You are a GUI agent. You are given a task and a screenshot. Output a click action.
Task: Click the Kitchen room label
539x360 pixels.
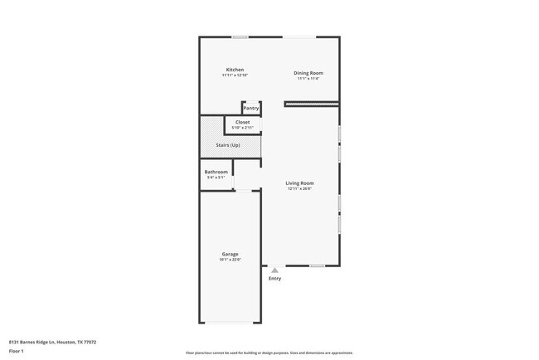pos(235,70)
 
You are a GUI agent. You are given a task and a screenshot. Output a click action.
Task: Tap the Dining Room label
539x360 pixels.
pos(308,73)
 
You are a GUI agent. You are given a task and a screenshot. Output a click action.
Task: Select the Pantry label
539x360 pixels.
pos(250,109)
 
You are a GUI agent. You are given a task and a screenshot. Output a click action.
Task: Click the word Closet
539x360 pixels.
pos(242,122)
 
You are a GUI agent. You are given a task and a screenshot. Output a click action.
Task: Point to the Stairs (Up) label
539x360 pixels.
pos(230,145)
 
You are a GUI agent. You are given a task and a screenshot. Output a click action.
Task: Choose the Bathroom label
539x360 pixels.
pos(216,172)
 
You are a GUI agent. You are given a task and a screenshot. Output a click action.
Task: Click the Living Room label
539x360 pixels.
pos(299,183)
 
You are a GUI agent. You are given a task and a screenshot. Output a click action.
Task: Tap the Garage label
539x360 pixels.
pos(230,254)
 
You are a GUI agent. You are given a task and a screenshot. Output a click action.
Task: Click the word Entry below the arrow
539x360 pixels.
pos(274,279)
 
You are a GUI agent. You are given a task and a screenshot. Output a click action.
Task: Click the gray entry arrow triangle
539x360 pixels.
pos(274,270)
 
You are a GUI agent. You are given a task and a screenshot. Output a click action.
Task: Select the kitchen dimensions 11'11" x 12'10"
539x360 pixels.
pos(235,75)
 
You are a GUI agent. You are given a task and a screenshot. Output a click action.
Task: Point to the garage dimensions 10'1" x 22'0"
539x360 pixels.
pos(230,260)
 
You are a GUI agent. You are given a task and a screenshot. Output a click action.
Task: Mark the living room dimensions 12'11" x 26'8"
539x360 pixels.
pos(299,189)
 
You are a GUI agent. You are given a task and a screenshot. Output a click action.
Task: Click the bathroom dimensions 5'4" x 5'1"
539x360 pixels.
pos(216,178)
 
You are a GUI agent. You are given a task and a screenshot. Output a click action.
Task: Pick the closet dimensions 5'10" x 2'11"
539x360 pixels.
pos(242,128)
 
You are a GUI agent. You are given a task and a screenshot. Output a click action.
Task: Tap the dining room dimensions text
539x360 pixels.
pos(308,79)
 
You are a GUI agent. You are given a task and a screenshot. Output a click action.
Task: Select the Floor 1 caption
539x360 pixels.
pos(16,351)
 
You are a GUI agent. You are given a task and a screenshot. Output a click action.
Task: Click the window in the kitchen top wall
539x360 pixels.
pos(240,36)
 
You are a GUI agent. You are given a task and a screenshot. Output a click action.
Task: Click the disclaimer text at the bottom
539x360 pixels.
pos(269,353)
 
